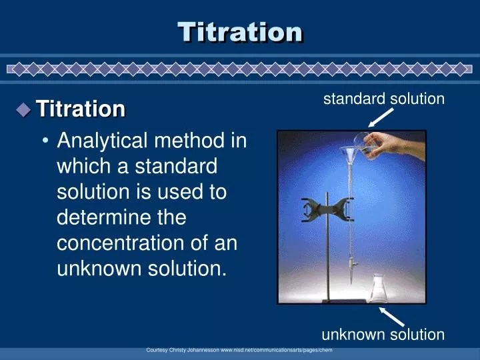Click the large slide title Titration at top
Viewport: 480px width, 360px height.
[x=240, y=31]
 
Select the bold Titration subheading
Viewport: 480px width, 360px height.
[x=81, y=109]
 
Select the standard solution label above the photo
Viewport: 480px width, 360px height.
[x=383, y=99]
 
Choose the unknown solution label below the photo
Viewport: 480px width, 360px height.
[x=383, y=335]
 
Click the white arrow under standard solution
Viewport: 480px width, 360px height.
[x=381, y=118]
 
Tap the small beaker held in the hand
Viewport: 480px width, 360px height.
[x=363, y=142]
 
